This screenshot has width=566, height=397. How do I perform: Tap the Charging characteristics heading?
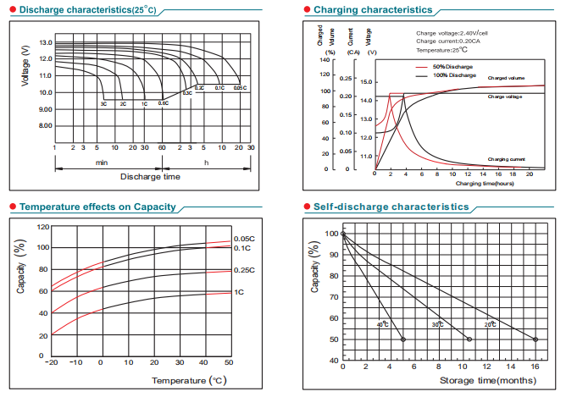coord(373,10)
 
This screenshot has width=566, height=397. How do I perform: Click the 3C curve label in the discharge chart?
coord(103,103)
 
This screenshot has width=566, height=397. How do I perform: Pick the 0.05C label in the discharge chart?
coord(239,88)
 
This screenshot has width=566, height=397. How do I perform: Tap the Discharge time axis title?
coord(150,177)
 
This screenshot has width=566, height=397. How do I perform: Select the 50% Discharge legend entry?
coord(452,66)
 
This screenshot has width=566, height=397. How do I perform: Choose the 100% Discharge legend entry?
coord(454,75)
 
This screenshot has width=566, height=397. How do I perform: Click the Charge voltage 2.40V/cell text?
coord(452,33)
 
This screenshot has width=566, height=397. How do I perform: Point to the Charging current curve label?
coord(507,159)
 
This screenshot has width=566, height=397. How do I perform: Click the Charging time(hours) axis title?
coord(485,183)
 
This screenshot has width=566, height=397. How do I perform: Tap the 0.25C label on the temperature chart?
coord(244,270)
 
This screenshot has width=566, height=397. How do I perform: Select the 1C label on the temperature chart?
coord(239,292)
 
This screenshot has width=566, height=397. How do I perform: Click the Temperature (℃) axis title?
coord(189,381)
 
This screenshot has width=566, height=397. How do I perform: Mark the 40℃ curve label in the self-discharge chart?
coord(382,324)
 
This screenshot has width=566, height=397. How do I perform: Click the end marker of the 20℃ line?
coord(535,339)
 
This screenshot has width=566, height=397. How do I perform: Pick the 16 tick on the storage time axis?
coord(535,367)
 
